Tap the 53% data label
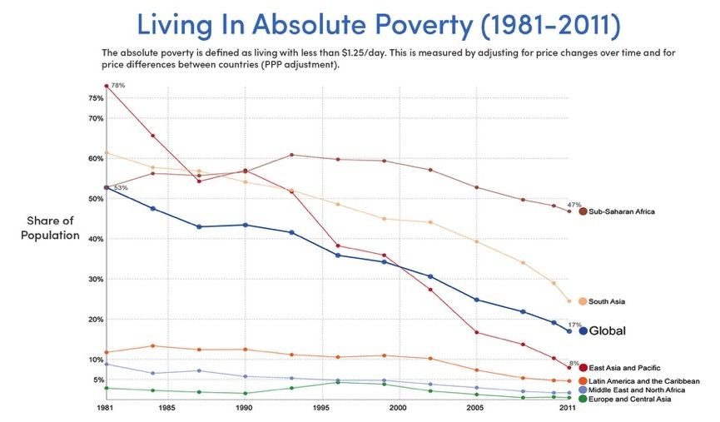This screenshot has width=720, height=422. tap(120, 188)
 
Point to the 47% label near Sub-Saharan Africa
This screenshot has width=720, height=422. tap(574, 205)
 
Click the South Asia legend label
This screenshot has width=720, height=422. tap(607, 301)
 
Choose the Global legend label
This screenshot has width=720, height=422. tap(607, 331)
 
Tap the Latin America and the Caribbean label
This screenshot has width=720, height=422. tap(644, 380)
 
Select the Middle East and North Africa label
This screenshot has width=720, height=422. tap(637, 390)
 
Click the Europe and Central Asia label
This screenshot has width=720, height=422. tap(630, 400)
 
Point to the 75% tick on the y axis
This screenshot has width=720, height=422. tap(96, 98)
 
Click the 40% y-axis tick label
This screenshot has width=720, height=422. tap(96, 239)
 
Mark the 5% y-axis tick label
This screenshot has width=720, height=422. tap(97, 380)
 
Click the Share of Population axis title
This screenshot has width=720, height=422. tap(52, 228)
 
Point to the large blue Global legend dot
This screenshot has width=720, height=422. tap(583, 331)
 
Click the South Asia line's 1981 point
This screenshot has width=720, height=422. tap(106, 153)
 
